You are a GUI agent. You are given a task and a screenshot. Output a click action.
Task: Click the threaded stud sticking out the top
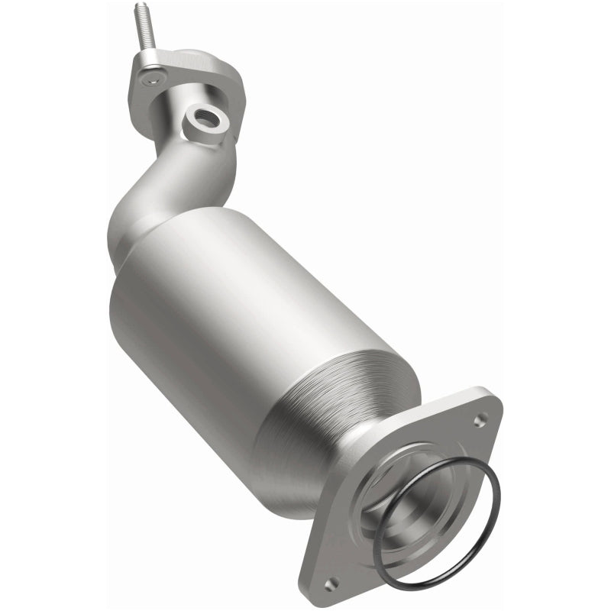pyautogui.click(x=144, y=31)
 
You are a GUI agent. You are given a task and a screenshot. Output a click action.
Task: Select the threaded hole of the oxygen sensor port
pyautogui.click(x=205, y=118)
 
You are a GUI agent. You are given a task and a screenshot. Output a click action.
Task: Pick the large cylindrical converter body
pyautogui.click(x=229, y=305)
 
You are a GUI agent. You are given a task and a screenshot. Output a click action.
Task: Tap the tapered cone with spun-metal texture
pyautogui.click(x=336, y=397)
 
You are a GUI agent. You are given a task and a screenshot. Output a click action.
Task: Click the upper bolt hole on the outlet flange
pyautogui.click(x=480, y=419)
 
